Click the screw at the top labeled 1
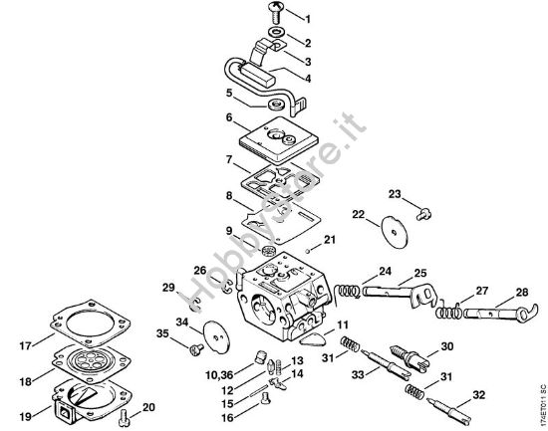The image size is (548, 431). (x=275, y=13)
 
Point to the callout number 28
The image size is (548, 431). (x=522, y=294)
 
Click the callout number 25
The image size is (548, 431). (x=419, y=272)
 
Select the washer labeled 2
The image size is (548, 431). (x=275, y=43)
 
